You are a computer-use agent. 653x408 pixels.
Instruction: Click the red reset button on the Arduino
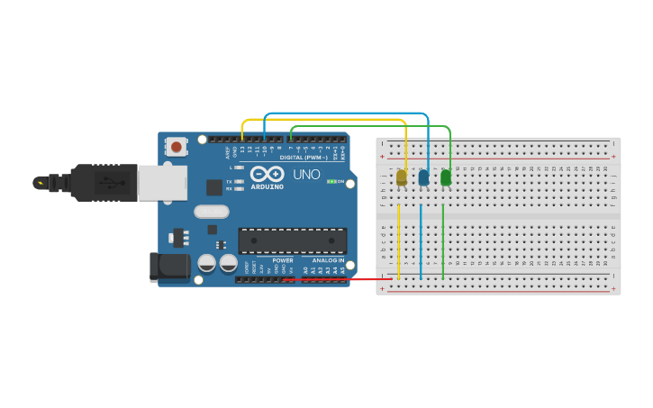tap(177, 146)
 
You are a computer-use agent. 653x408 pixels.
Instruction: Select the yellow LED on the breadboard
tap(402, 178)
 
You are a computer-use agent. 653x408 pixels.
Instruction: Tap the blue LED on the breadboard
tap(423, 178)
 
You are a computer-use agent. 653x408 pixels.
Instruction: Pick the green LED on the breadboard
tap(446, 178)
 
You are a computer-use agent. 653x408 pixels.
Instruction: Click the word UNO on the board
tap(307, 174)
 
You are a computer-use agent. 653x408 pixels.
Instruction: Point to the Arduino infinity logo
tap(267, 174)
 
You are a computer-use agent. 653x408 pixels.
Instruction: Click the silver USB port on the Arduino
tap(162, 181)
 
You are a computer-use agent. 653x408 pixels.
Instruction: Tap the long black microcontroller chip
tap(292, 240)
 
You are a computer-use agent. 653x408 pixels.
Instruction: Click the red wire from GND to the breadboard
tap(342, 279)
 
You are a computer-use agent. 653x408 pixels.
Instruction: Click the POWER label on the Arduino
tap(283, 260)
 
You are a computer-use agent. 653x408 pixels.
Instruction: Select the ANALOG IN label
tap(328, 260)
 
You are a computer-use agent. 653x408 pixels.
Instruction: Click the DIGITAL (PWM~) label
tap(304, 157)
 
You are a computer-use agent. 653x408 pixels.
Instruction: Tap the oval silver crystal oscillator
tap(212, 213)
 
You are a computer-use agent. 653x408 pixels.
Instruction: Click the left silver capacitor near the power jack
tap(207, 264)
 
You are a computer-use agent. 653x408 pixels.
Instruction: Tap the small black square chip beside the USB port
tap(213, 187)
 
